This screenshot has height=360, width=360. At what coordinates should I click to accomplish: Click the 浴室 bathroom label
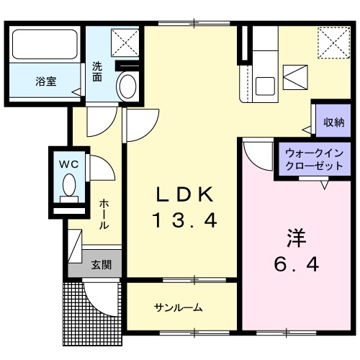point(45,81)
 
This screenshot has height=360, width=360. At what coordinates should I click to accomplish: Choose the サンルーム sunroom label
point(178,307)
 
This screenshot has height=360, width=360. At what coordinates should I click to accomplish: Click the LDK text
point(184,194)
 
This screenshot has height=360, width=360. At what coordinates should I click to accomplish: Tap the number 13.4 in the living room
point(184,221)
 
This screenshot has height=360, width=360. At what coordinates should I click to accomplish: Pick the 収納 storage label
point(333,122)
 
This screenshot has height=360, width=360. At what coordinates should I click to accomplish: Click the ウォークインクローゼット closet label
point(314,159)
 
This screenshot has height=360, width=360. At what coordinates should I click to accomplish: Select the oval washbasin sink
point(127,88)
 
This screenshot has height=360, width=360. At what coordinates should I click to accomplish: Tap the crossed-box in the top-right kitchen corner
point(333,42)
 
